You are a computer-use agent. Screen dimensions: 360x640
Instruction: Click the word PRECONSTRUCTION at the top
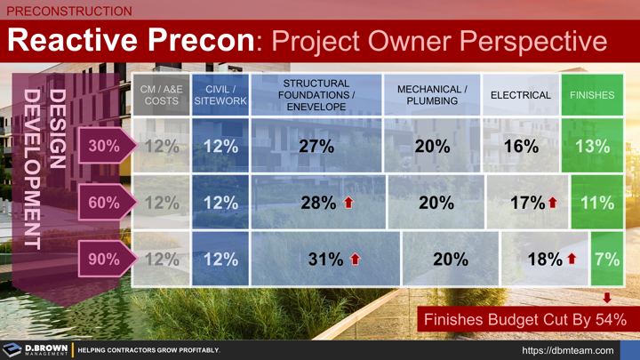(x=69, y=12)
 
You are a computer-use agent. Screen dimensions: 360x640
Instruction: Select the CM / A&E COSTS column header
(x=161, y=95)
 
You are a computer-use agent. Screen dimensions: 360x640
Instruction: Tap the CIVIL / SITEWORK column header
(x=220, y=95)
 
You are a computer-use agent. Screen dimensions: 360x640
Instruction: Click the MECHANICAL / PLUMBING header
(x=432, y=95)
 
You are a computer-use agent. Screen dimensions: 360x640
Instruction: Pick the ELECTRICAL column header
(x=521, y=95)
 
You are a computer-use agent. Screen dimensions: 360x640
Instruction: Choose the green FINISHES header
(x=592, y=95)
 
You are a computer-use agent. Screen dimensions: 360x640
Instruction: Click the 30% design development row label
(x=103, y=146)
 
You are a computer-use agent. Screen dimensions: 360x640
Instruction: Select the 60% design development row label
(x=103, y=203)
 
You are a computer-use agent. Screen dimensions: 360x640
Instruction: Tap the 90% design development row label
(x=103, y=260)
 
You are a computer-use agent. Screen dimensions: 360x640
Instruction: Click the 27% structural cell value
(x=316, y=146)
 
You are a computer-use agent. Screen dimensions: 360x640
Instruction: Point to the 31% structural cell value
(x=325, y=260)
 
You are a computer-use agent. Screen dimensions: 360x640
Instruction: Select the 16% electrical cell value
(x=521, y=146)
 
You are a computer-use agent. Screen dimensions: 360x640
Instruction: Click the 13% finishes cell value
(x=592, y=146)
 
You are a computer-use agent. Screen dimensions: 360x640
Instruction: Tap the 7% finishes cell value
(x=607, y=260)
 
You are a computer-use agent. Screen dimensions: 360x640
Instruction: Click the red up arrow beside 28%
(x=348, y=203)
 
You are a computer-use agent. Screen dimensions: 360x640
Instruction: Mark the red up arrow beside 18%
(x=572, y=260)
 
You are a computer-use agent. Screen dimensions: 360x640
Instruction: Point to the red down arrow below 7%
(x=608, y=298)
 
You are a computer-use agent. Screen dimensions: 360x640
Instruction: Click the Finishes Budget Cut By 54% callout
(x=524, y=319)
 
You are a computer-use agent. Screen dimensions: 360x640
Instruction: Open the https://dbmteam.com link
(x=567, y=350)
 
